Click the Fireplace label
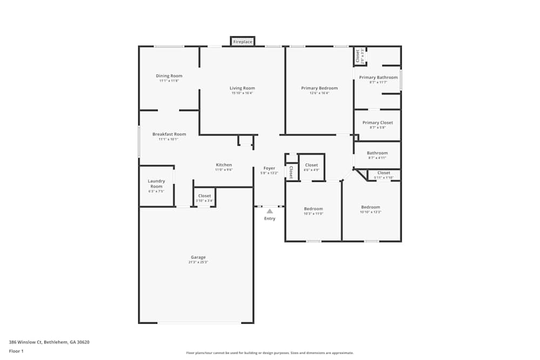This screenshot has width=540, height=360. [242, 42]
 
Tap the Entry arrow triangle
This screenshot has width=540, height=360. [269, 211]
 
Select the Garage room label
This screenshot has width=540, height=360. [198, 257]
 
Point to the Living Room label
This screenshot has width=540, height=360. [242, 88]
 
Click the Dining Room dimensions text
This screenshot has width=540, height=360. [168, 81]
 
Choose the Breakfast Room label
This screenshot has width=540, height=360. [169, 134]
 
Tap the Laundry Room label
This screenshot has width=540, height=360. [156, 184]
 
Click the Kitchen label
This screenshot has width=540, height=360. [224, 165]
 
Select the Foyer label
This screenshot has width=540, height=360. [269, 168]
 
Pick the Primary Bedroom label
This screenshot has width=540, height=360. [319, 88]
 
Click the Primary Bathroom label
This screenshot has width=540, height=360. [378, 77]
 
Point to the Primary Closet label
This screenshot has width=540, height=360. [377, 123]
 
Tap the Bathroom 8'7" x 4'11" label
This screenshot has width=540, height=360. [377, 153]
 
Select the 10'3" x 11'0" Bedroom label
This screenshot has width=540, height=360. [313, 209]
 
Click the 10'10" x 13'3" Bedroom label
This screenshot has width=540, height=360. [370, 207]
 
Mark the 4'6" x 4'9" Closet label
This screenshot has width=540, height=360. [312, 165]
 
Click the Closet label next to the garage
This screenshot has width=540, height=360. [205, 196]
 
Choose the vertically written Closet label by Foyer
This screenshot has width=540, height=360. [291, 172]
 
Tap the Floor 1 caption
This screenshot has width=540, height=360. [16, 351]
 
